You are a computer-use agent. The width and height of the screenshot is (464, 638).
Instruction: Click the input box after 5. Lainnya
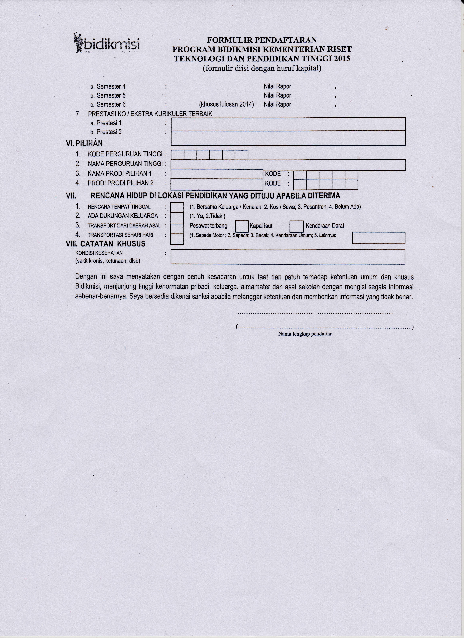[x=378, y=238]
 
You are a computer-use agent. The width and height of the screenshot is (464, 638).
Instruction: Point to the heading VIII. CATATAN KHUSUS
[x=106, y=244]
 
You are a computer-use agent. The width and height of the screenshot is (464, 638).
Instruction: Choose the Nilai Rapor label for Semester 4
[x=277, y=86]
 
